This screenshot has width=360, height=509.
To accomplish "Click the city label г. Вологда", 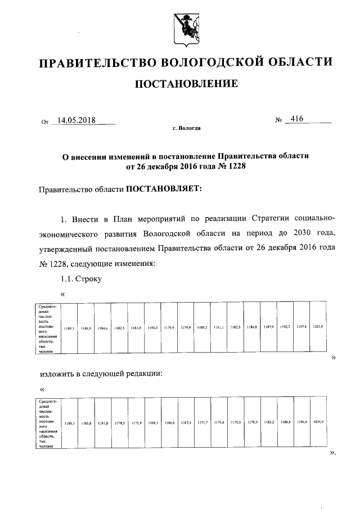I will [186, 128].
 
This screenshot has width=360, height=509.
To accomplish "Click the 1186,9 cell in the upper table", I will [86, 327].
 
